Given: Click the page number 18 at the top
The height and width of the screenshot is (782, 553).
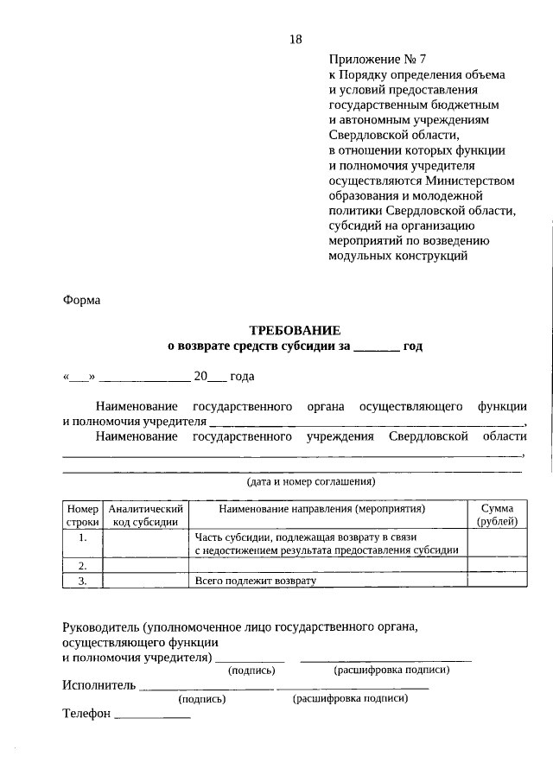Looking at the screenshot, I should point(296,40).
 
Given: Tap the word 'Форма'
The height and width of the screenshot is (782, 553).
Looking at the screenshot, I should point(81,301).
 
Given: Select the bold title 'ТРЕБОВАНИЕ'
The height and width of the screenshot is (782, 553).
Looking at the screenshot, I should point(295,330).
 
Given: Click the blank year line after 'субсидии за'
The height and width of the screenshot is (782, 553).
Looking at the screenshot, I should point(376,346).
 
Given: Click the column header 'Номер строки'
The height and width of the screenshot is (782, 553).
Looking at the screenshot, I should point(82,515).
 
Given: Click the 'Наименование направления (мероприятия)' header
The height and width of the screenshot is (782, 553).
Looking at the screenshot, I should point(328,510).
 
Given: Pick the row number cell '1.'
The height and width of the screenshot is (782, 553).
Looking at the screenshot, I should point(82,537).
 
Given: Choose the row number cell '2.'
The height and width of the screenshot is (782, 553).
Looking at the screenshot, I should point(82,565).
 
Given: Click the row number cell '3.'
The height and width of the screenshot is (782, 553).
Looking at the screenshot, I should point(82,581).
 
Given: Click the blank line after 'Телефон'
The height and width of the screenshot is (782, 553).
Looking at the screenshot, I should point(152,715).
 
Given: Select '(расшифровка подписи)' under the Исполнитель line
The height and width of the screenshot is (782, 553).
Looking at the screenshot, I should point(350,699).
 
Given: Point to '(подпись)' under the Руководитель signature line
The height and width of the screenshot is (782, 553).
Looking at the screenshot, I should point(251,671).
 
